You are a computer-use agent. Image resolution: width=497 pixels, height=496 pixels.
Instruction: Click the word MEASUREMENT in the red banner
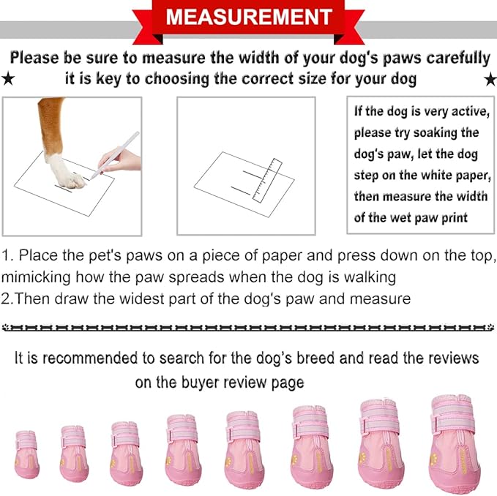(x=248, y=16)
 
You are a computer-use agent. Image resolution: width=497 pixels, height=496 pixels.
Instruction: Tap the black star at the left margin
(x=8, y=78)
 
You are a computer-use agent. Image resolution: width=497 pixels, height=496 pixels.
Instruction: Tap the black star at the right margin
(x=489, y=78)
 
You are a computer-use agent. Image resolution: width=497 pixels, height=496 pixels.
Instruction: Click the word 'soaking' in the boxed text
(x=452, y=132)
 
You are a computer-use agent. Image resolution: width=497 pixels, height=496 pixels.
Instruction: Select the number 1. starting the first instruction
(x=8, y=256)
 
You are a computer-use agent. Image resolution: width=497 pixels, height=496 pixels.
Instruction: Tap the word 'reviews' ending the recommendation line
(x=452, y=358)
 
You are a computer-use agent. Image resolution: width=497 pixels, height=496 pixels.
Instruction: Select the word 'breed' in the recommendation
(x=344, y=358)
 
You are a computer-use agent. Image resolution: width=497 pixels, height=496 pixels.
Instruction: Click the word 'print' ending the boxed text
(x=454, y=217)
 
